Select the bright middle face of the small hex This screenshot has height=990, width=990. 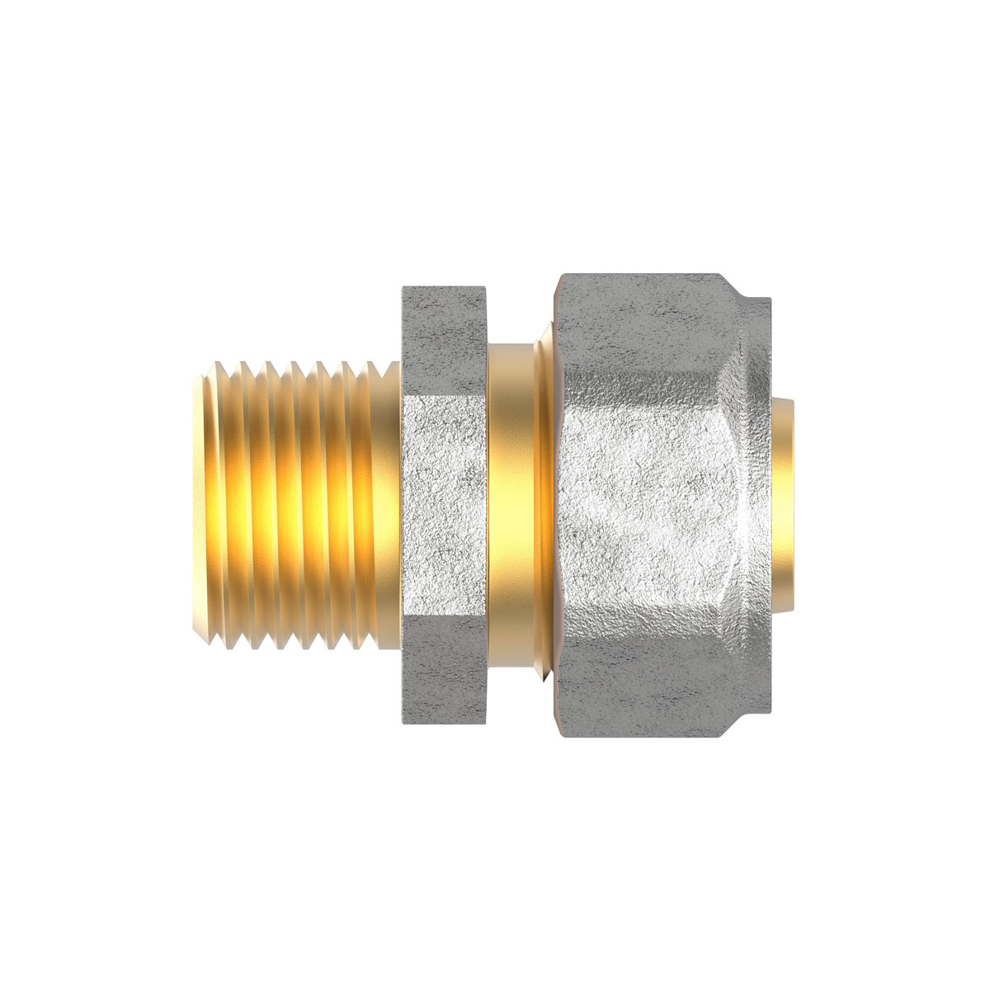click(x=444, y=495)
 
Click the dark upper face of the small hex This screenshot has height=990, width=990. click(x=444, y=338)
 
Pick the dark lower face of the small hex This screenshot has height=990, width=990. click(x=444, y=652)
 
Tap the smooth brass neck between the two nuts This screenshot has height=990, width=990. click(x=511, y=495)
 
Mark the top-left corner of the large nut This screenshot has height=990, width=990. click(x=559, y=277)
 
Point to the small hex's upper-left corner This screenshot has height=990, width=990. click(x=402, y=288)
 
